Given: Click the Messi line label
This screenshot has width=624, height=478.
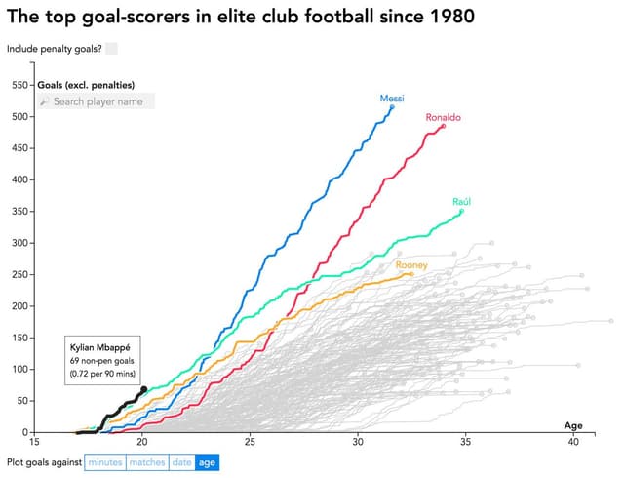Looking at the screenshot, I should tap(392, 99).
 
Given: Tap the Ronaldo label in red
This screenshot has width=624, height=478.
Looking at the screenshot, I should tap(443, 118).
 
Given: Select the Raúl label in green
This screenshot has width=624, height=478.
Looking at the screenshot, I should tap(462, 201).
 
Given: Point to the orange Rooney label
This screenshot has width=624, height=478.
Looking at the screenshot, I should tap(409, 265).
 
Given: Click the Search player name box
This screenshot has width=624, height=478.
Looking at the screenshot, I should tap(96, 101).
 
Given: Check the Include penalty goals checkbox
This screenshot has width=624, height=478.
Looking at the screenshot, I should tap(111, 48).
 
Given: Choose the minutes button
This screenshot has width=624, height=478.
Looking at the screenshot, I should tap(104, 462).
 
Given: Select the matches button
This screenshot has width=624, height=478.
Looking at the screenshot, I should tap(146, 462).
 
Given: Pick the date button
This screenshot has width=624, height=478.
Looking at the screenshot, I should tap(181, 462).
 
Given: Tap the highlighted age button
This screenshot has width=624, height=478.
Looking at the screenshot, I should tap(207, 462).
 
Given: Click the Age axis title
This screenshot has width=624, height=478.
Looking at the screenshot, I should tap(573, 425).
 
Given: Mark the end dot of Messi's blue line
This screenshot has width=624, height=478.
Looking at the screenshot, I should tap(392, 106).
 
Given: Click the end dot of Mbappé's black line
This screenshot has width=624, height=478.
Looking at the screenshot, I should tap(144, 389).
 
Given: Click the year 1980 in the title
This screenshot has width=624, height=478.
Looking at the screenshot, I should tap(439, 17).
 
